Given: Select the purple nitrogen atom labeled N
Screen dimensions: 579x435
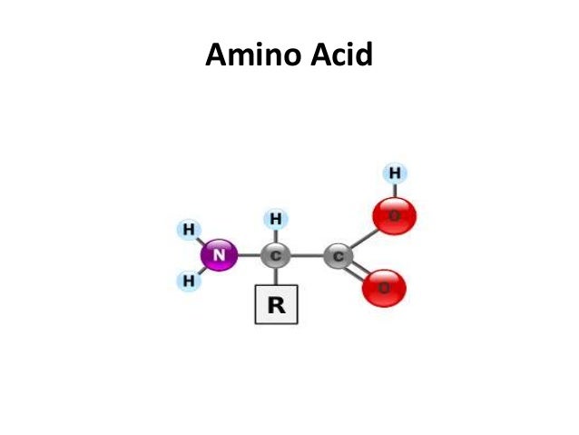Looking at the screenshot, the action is tap(219, 256).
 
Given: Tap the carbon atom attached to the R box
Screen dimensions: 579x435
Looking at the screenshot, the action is tap(275, 256).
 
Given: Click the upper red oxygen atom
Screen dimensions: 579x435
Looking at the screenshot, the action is tap(395, 216).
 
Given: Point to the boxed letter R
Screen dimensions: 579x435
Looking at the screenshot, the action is tap(276, 306).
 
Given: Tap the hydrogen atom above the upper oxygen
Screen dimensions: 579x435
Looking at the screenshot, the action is tap(394, 173).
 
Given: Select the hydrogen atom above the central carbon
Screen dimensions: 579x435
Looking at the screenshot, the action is tap(276, 219).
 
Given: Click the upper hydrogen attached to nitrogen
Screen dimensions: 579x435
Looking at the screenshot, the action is tap(189, 230).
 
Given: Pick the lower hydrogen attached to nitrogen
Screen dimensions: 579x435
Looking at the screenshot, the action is tap(189, 282).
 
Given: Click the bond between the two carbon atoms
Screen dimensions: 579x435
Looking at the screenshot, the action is tap(307, 256).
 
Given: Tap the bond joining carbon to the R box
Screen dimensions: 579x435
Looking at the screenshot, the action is tap(275, 277).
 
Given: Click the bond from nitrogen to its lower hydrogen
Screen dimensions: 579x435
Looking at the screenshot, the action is tap(201, 271).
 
